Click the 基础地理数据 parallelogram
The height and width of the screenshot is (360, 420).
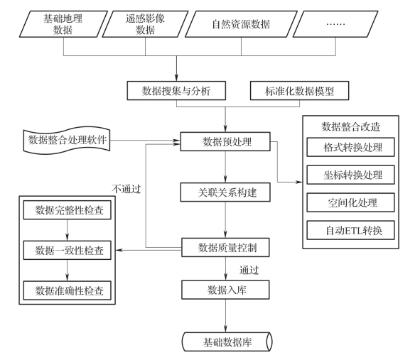63,24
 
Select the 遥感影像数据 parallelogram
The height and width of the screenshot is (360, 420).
145,24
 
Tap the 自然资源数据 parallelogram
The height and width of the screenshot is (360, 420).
241,24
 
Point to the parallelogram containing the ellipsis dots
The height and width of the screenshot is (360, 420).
335,24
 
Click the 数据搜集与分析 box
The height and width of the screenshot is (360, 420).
176,91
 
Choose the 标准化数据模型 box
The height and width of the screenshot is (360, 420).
299,91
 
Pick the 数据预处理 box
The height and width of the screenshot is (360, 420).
225,141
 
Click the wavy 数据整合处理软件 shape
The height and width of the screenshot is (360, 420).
67,141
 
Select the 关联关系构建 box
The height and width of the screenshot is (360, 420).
225,192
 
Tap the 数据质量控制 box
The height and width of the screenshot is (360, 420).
225,247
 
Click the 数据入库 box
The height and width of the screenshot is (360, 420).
225,290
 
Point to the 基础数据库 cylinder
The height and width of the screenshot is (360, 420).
227,342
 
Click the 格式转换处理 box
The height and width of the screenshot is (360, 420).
350,147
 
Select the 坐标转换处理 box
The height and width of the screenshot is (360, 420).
350,175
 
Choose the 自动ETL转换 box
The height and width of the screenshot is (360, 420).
350,230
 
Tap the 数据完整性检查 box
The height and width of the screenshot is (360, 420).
68,210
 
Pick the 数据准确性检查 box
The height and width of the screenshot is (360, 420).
68,290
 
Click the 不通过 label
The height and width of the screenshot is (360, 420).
126,189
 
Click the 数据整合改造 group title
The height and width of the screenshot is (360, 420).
350,126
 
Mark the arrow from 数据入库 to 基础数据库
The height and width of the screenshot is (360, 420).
225,316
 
